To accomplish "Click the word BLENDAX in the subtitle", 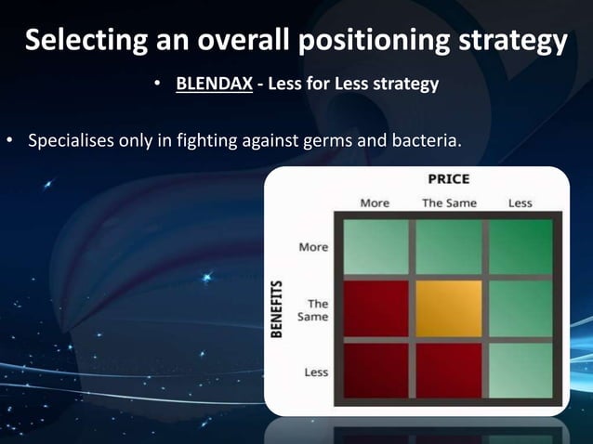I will tap(215, 85).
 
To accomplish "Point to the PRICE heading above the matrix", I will tap(448, 179).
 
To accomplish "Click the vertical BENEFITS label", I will tap(277, 309).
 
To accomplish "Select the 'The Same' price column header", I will tap(448, 202).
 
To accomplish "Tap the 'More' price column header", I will tap(375, 202).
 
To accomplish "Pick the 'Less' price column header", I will tap(520, 202).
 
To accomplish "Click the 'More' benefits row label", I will tap(313, 247).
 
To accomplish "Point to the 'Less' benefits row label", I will tap(316, 372).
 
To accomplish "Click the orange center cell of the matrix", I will tap(449, 308).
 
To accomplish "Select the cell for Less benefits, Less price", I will tap(521, 370).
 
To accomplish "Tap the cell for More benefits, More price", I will tap(376, 246).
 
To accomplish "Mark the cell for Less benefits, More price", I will tap(376, 370).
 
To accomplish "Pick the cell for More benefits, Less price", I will tap(521, 246).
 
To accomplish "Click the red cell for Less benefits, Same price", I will tap(449, 370).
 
